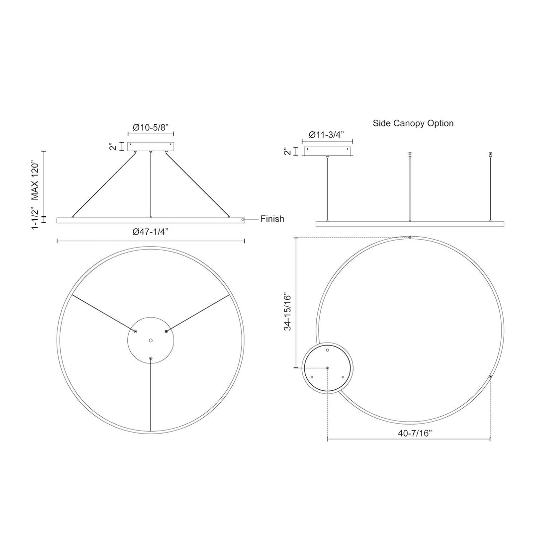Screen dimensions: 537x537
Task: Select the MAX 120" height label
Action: [x=35, y=179]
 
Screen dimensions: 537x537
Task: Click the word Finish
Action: [x=272, y=219]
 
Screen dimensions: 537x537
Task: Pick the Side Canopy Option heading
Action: [x=413, y=123]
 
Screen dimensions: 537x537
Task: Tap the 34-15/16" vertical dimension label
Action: [x=288, y=318]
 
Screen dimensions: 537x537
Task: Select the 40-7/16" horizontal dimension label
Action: [x=415, y=433]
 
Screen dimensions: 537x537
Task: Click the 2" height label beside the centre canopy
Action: [x=114, y=147]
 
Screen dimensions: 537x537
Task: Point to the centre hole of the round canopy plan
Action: [x=151, y=341]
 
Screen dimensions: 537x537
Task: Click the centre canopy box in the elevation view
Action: [x=151, y=147]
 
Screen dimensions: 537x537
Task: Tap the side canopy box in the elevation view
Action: [x=328, y=151]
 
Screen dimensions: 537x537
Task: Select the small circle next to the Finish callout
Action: [x=243, y=219]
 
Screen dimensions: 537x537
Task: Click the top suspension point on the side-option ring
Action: [x=409, y=238]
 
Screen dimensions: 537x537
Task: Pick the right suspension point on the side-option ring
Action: [x=490, y=377]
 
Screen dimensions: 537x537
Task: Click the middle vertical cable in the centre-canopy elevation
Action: [x=151, y=184]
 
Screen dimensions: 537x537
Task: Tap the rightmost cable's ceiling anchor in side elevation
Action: [x=491, y=154]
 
